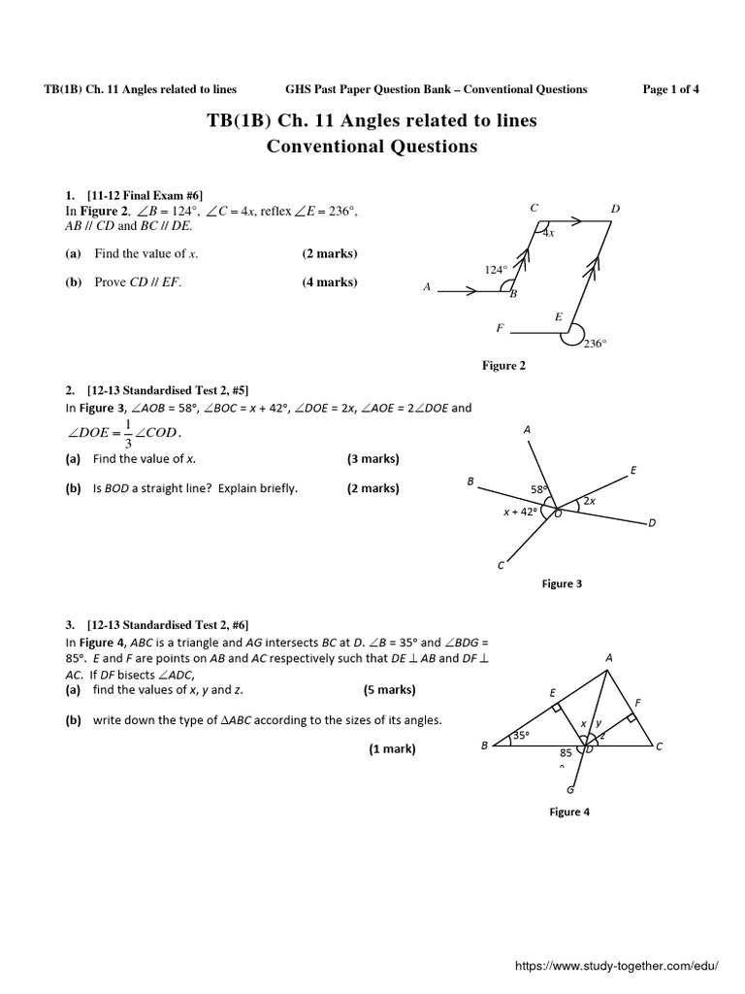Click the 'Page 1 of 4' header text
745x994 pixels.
pyautogui.click(x=670, y=89)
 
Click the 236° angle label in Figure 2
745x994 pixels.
pyautogui.click(x=595, y=343)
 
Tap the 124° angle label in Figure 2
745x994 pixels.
pyautogui.click(x=495, y=270)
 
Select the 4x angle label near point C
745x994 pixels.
pyautogui.click(x=548, y=233)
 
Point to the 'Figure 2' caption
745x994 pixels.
pyautogui.click(x=503, y=365)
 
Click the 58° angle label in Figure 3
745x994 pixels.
pyautogui.click(x=539, y=489)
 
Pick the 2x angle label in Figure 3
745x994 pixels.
pyautogui.click(x=588, y=501)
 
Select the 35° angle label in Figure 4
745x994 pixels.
pyautogui.click(x=521, y=735)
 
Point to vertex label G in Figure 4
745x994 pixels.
pyautogui.click(x=570, y=789)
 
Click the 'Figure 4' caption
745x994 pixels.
pyautogui.click(x=569, y=812)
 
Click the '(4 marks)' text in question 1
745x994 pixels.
pyautogui.click(x=329, y=282)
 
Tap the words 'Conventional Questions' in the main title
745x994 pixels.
pyautogui.click(x=372, y=147)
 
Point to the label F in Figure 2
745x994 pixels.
pyautogui.click(x=500, y=328)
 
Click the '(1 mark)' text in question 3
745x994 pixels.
pyautogui.click(x=392, y=748)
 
